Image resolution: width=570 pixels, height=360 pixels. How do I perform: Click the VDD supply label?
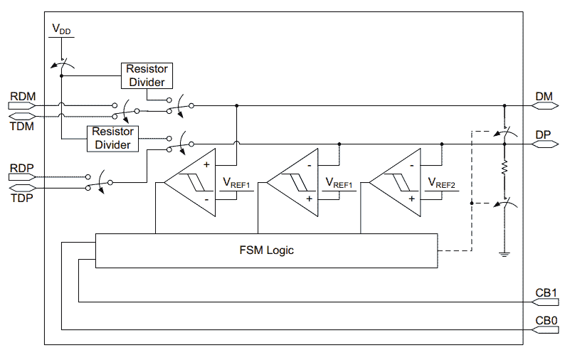coord(60,29)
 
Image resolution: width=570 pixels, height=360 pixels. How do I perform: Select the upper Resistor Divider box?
coord(147,75)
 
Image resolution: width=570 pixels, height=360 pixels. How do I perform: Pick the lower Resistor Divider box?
coord(112,139)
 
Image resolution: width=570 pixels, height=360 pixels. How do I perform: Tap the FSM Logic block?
coord(266,250)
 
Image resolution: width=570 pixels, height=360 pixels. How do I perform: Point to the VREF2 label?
coord(441,182)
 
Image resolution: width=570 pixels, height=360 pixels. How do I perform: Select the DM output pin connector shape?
coord(546,105)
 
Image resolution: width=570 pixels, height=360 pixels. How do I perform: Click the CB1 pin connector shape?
coord(546,302)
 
